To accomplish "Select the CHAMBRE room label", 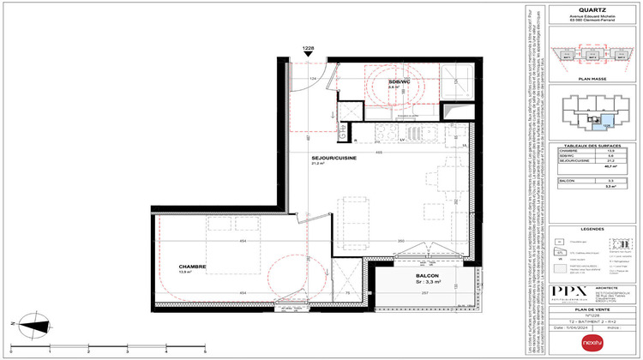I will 193,267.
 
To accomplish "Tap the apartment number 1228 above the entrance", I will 308,48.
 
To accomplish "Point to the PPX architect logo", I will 561,291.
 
